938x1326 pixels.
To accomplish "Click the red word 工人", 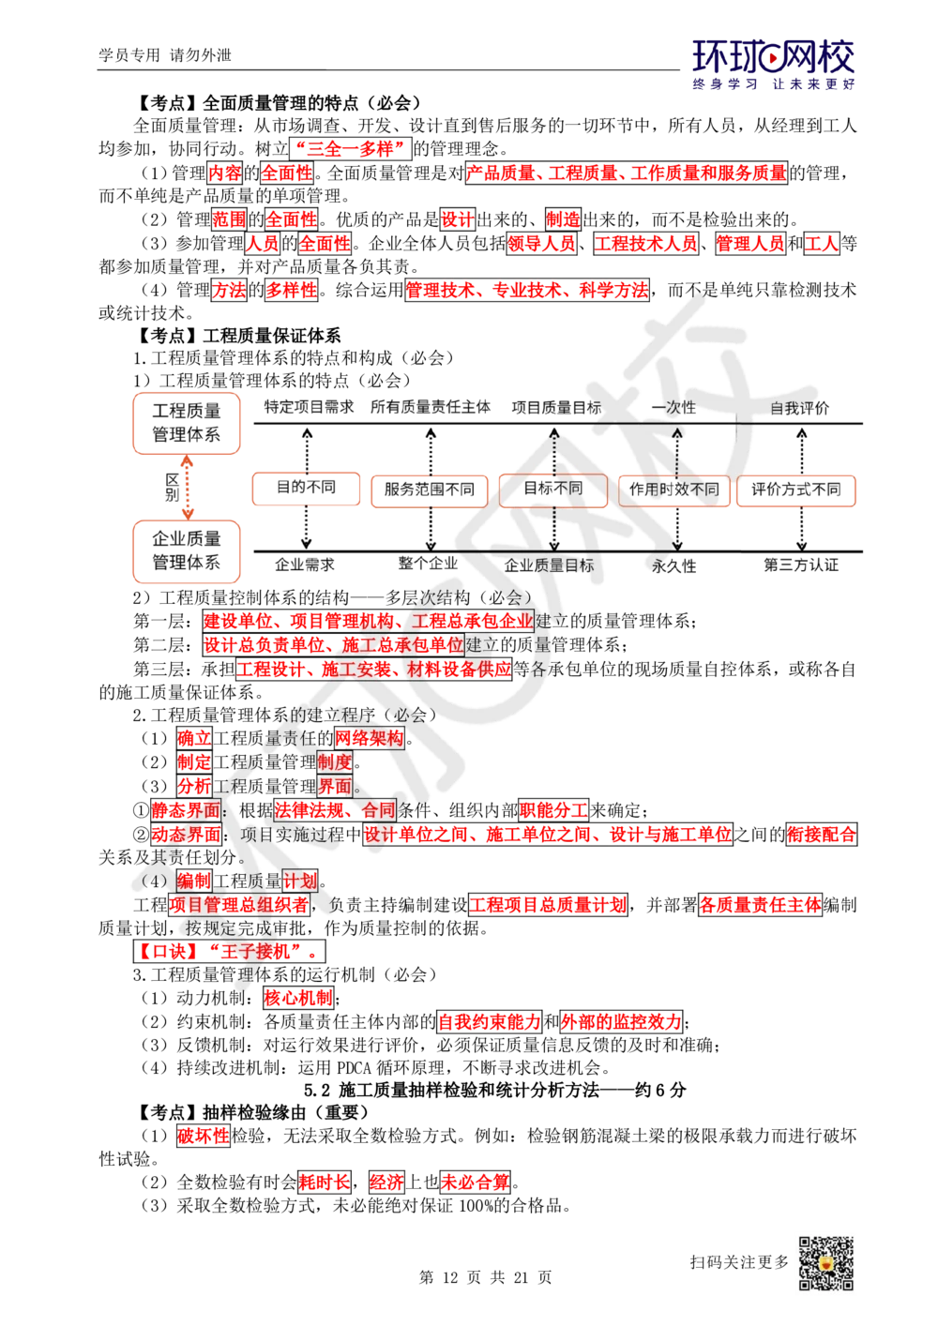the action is click(x=821, y=245).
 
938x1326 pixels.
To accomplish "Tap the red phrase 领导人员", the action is click(x=541, y=245).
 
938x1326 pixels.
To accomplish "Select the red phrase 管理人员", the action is click(x=750, y=245).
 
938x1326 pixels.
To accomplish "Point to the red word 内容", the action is click(x=224, y=173).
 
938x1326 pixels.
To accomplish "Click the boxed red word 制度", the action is click(x=334, y=761).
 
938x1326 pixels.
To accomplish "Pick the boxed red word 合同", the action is click(x=379, y=809).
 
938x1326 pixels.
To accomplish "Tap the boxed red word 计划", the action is click(x=300, y=881).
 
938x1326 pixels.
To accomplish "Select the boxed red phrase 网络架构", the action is click(x=370, y=738).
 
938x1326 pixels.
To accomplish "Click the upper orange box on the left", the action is click(x=187, y=424).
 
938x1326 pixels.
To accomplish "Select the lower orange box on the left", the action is click(x=187, y=551).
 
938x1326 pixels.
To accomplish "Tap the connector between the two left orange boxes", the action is click(x=187, y=488).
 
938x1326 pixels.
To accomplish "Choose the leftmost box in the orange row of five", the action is click(x=306, y=490).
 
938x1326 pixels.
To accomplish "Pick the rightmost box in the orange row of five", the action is click(x=797, y=490).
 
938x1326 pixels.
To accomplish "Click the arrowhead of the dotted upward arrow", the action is click(x=677, y=434).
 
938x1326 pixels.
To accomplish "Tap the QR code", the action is click(x=825, y=1262).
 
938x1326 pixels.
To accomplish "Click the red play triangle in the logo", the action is click(x=774, y=61).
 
